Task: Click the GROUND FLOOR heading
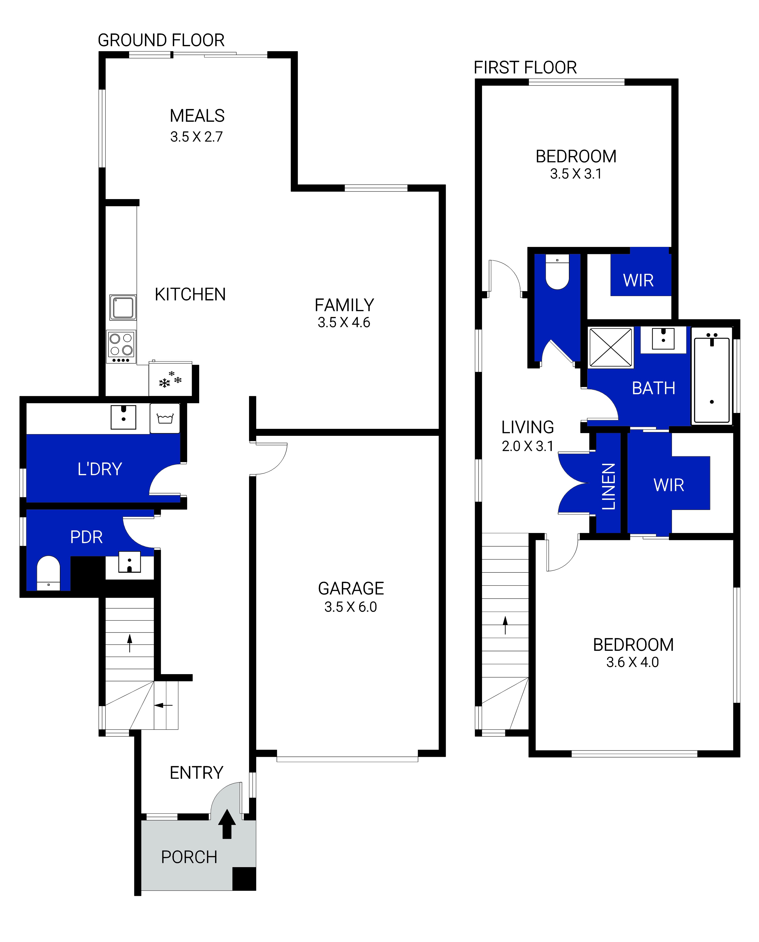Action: [x=161, y=40]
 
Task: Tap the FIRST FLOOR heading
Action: [x=525, y=68]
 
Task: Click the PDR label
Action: [x=86, y=537]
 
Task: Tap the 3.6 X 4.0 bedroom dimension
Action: [x=632, y=662]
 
